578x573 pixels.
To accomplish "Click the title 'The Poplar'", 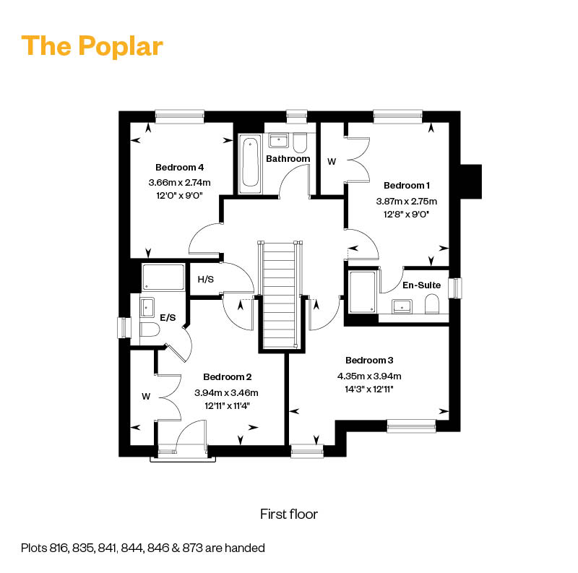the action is (x=92, y=46).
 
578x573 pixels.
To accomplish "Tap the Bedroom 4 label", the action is (x=179, y=168).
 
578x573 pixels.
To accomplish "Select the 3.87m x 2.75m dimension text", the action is (x=406, y=202).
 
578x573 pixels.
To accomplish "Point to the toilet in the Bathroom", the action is (x=300, y=144).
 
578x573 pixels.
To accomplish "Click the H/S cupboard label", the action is (x=206, y=280).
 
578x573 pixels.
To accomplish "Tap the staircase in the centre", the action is (x=280, y=295).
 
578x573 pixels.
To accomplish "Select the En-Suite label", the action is (x=421, y=285).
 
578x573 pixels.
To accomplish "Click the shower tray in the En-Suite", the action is (x=362, y=293).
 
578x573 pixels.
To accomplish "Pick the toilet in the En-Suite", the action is (x=432, y=303).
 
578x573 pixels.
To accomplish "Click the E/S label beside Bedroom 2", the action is (x=168, y=317).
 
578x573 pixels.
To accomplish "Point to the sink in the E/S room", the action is (x=147, y=307).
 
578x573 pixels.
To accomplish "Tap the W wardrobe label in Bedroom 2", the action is (x=146, y=397).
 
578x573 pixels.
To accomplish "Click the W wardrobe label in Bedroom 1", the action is (x=332, y=162).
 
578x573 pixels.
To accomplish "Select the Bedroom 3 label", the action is (x=369, y=361).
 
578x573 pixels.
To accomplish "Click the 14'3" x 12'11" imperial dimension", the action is (x=369, y=389).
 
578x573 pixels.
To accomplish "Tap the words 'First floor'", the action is (x=289, y=514).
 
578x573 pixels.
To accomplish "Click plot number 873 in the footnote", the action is (x=192, y=548).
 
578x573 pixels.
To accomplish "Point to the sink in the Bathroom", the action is (x=279, y=140).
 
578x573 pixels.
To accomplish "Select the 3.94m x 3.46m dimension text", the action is (x=226, y=393).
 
